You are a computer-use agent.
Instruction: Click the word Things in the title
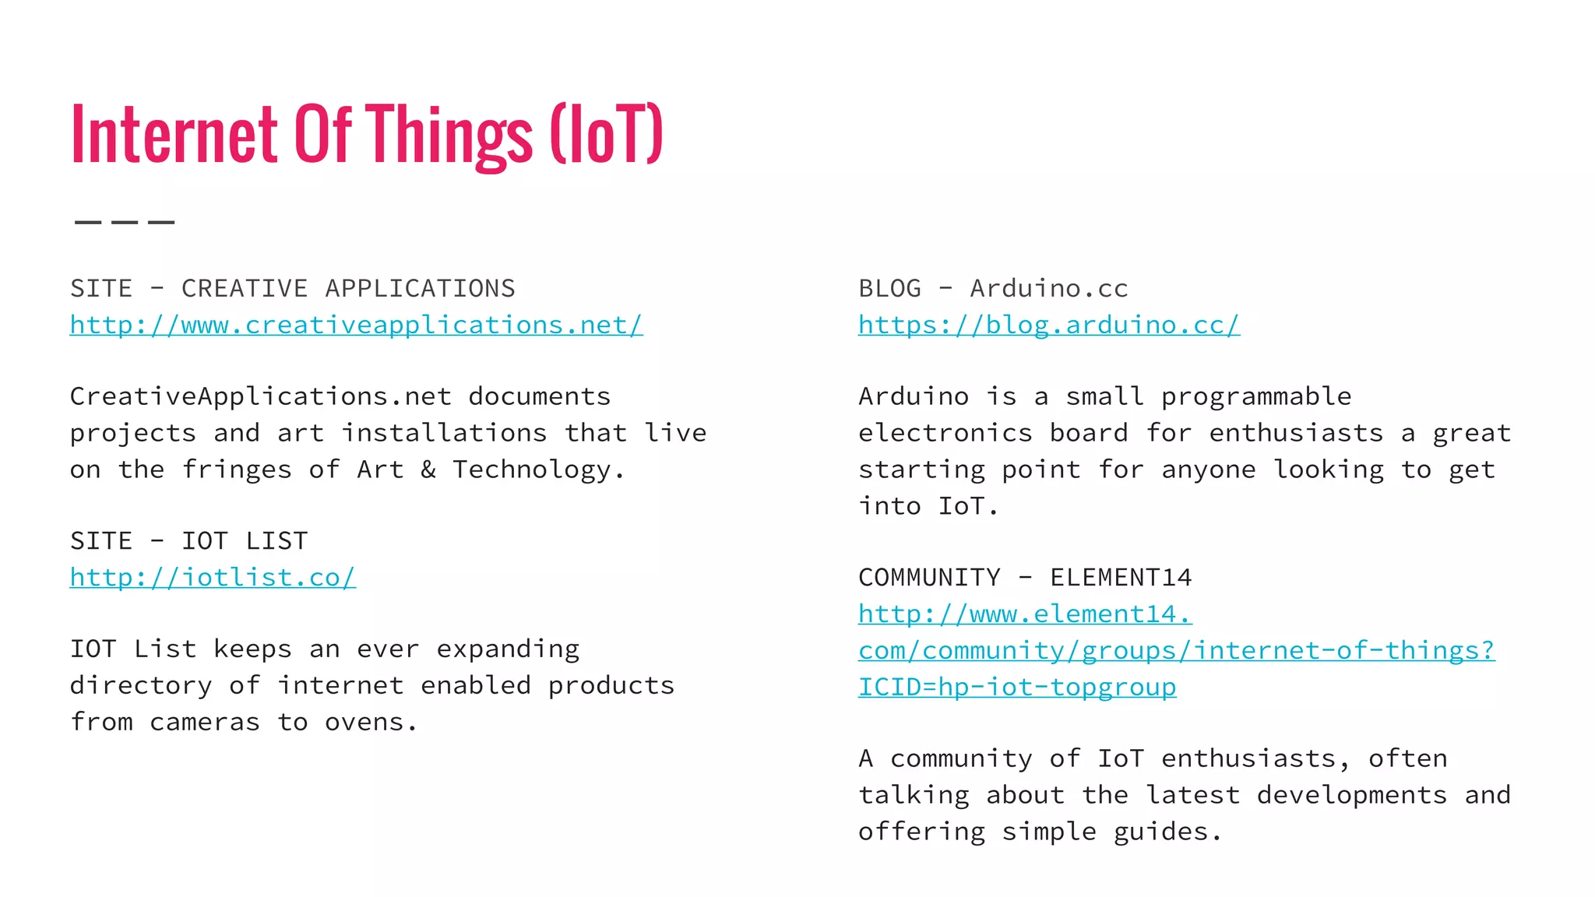coord(449,135)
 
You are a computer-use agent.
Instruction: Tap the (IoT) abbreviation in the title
coord(607,135)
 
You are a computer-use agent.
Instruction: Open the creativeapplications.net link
coord(356,325)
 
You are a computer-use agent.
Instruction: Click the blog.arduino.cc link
coord(1048,325)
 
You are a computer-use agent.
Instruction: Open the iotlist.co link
coord(213,578)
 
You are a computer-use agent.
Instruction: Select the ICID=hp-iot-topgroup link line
coord(1017,688)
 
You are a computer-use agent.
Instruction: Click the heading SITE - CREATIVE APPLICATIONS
coord(292,289)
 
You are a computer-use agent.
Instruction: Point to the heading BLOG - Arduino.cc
coord(993,289)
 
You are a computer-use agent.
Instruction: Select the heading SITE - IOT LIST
coord(188,541)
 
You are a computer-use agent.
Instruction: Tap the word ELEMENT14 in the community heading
coord(1121,578)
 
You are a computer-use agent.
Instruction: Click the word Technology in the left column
coord(532,470)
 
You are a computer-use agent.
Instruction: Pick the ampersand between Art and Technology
coord(428,470)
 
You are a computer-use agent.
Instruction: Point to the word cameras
coord(204,723)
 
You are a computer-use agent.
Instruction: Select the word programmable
coord(1255,397)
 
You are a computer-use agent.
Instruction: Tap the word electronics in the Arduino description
coord(945,433)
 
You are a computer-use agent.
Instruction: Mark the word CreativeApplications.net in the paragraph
coord(261,397)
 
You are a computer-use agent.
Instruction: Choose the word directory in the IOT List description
coord(140,686)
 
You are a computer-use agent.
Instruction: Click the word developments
coord(1351,795)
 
